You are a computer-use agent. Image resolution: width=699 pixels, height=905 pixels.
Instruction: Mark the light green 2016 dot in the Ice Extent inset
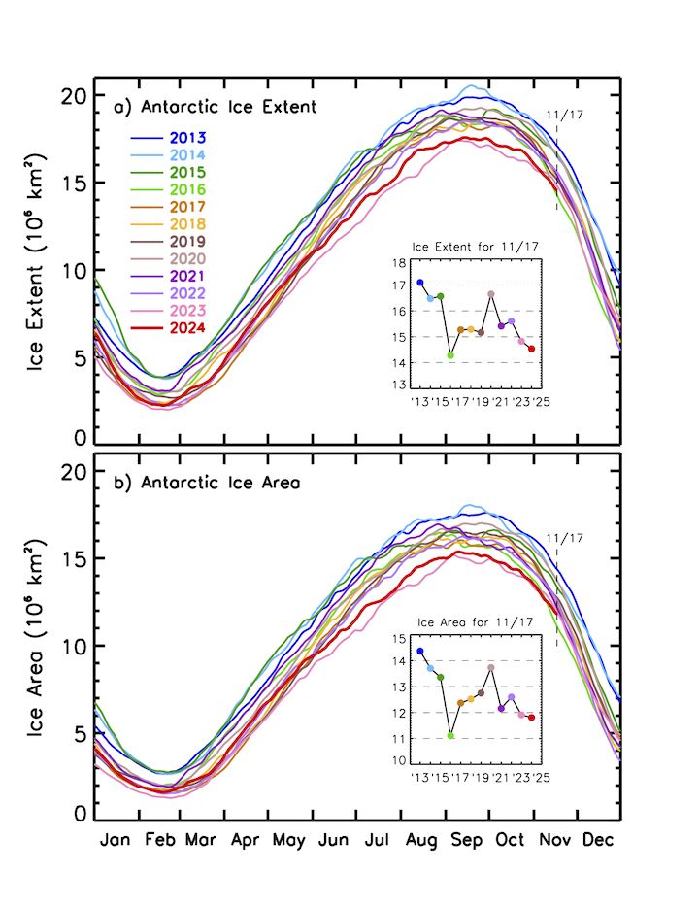coord(450,355)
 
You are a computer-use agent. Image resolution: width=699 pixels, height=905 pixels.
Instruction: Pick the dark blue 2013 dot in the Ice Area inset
coord(420,651)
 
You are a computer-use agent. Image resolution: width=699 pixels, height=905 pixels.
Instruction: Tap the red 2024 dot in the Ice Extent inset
coord(532,349)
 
